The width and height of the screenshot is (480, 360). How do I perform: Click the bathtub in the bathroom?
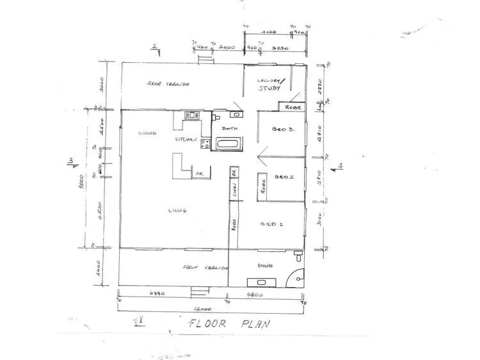(x=228, y=144)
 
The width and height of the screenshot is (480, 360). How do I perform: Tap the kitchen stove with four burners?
(x=205, y=144)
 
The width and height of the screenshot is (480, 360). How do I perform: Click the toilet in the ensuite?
(x=298, y=256)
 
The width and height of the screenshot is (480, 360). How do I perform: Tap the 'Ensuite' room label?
(x=265, y=265)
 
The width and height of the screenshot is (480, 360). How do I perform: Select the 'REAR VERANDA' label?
(x=170, y=83)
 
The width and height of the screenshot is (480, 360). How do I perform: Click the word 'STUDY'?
(x=270, y=89)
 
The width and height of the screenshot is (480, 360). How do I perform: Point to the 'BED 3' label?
(x=284, y=129)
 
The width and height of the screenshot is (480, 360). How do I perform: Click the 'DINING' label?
(x=148, y=133)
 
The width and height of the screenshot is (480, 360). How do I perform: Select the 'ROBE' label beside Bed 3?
(x=292, y=107)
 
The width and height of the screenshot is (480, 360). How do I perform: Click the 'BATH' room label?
(x=229, y=129)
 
